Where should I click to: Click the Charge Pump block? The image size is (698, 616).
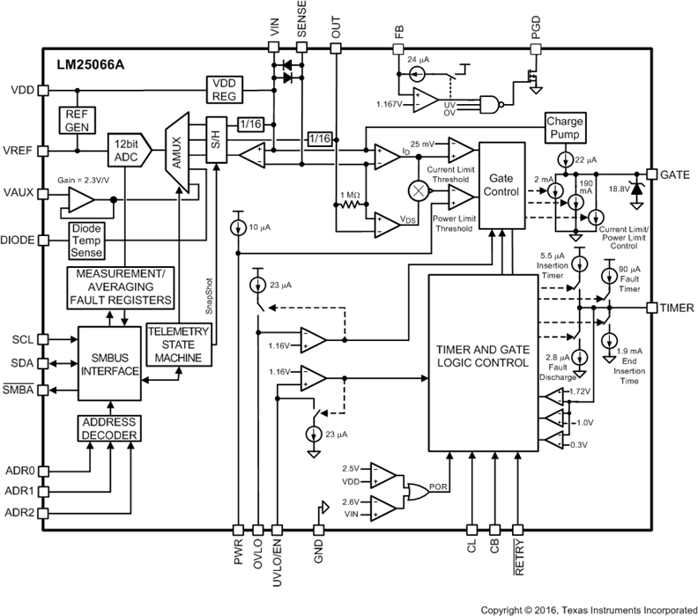click(x=562, y=127)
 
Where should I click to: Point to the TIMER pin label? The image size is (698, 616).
click(x=677, y=308)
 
